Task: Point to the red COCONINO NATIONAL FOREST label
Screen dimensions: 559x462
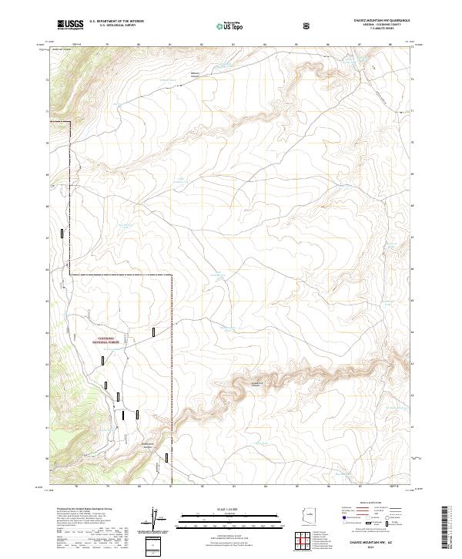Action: pos(104,340)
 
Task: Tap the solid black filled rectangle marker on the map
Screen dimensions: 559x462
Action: pos(122,414)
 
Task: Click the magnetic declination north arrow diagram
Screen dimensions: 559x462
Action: pos(156,518)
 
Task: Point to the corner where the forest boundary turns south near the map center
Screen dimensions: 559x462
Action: pos(171,274)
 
